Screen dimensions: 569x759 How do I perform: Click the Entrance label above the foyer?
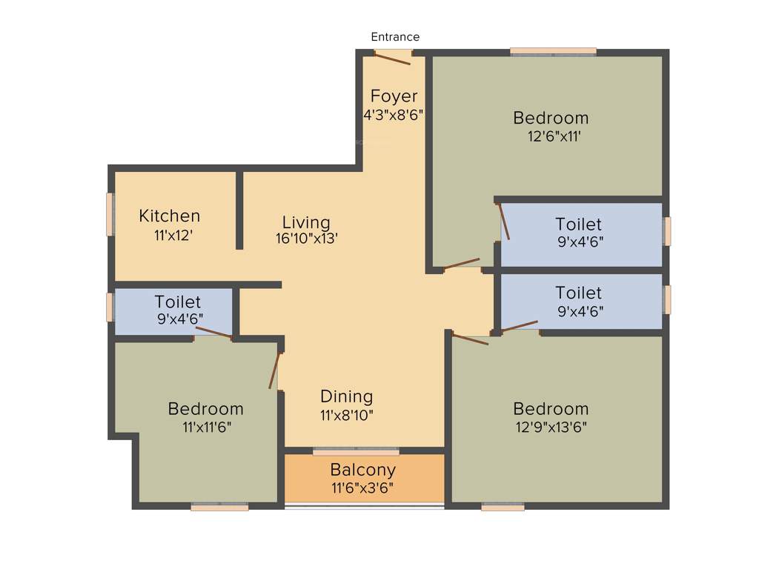click(395, 37)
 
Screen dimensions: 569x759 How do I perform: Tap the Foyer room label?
click(394, 96)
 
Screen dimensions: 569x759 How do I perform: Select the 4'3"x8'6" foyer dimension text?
click(393, 115)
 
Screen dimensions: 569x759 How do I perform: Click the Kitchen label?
click(170, 216)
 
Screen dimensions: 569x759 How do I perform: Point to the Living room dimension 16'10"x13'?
click(306, 239)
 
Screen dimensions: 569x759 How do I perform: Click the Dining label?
click(346, 396)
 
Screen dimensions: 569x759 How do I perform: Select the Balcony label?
click(363, 470)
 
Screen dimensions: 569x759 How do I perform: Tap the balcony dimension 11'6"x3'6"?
click(362, 488)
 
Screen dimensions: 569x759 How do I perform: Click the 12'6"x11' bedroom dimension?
click(551, 136)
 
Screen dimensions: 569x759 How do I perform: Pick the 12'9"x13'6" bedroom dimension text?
click(551, 427)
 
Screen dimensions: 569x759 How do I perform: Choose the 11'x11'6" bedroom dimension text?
click(205, 427)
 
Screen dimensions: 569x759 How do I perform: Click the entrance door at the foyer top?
click(393, 57)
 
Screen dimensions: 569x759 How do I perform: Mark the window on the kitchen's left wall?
click(110, 214)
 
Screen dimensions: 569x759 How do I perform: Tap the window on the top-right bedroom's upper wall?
click(553, 52)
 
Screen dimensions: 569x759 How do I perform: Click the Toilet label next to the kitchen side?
click(177, 302)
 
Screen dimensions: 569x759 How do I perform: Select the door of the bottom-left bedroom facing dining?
click(275, 370)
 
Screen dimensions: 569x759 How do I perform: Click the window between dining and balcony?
click(356, 451)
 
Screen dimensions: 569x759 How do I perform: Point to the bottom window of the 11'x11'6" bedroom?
click(219, 507)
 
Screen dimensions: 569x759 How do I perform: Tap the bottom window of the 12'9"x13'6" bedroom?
click(503, 507)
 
